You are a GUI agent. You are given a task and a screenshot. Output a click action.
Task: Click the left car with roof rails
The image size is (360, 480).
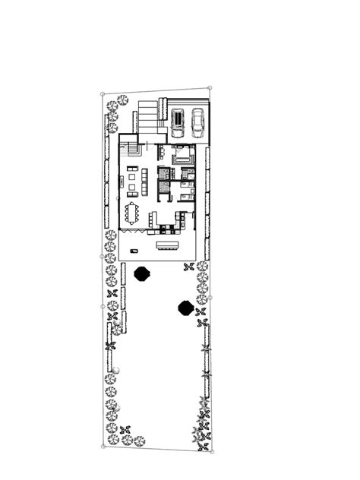[x=178, y=122]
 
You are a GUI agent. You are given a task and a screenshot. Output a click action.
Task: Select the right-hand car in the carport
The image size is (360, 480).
[x=197, y=122]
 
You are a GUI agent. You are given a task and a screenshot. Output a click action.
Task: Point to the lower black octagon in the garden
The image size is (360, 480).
[x=185, y=308]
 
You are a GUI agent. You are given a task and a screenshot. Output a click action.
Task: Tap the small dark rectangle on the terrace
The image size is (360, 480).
[x=134, y=250]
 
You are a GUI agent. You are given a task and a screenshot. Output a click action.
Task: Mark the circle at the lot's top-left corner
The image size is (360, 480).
[x=103, y=94]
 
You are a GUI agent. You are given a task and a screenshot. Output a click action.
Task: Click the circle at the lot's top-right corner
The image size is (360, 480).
[x=210, y=89]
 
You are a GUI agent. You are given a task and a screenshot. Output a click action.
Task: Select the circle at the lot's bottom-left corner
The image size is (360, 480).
[x=103, y=447]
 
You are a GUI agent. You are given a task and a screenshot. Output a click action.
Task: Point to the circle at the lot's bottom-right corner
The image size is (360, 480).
[x=211, y=450]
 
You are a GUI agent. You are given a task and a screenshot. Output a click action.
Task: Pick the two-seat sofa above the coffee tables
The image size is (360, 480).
[x=133, y=169]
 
